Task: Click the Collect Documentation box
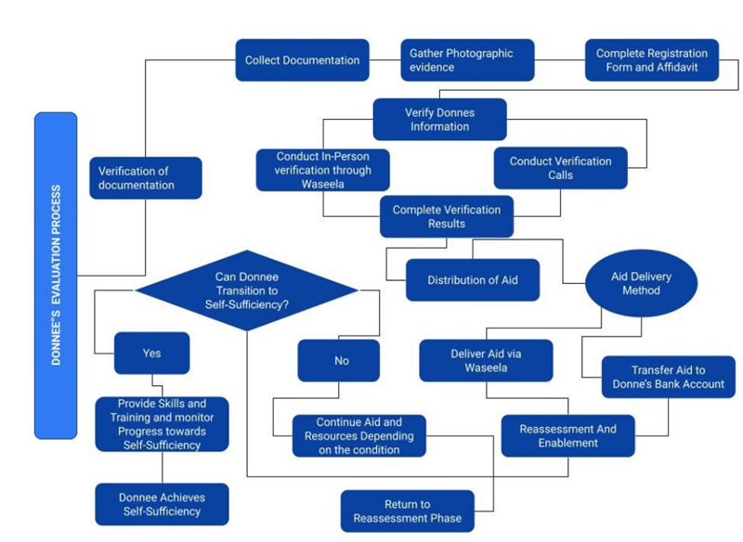tap(302, 60)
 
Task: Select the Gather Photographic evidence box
tap(467, 60)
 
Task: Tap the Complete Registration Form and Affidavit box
tap(651, 60)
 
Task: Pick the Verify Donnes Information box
tap(440, 120)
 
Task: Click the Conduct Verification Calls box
tap(560, 168)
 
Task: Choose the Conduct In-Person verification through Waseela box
tap(322, 170)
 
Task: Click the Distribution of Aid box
tap(472, 280)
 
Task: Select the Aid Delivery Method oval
tap(641, 284)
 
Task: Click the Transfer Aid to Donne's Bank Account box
tap(668, 378)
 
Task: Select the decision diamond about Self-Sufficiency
tap(246, 290)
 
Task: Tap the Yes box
tap(151, 354)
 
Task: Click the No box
tap(338, 361)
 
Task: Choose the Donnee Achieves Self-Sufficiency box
tap(162, 504)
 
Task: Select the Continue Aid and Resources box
tap(358, 436)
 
